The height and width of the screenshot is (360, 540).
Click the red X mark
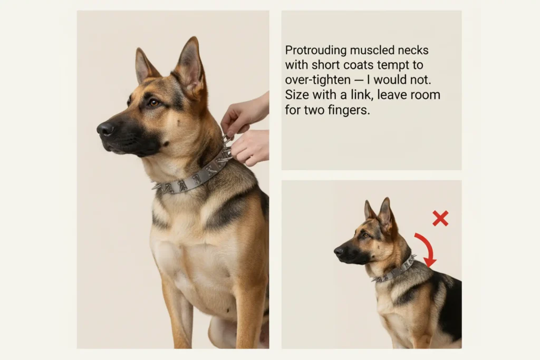click(x=440, y=218)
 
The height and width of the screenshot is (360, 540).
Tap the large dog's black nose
click(x=105, y=129)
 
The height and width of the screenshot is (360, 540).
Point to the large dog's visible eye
click(x=153, y=103)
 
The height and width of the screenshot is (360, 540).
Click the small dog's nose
click(x=339, y=251)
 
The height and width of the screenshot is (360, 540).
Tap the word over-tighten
click(x=318, y=80)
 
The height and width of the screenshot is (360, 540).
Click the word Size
click(x=296, y=95)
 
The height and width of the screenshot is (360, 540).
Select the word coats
click(x=358, y=65)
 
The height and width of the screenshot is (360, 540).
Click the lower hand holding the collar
click(x=250, y=147)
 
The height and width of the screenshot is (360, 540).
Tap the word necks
click(x=413, y=50)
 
